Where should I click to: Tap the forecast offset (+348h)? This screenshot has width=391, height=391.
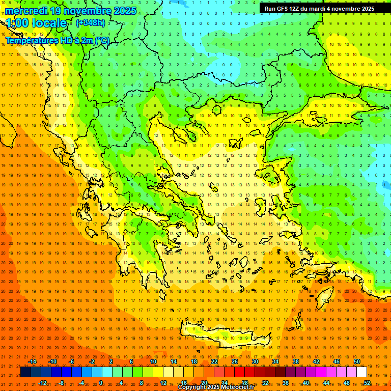(91, 22)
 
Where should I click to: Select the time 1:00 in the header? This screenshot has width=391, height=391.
(17, 23)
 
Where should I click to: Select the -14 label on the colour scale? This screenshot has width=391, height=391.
(32, 361)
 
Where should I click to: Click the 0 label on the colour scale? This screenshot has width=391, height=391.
(101, 383)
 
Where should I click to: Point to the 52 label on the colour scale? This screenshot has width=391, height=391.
(367, 383)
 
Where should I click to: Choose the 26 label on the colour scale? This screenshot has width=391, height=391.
(235, 361)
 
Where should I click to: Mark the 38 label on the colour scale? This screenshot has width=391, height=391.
(296, 361)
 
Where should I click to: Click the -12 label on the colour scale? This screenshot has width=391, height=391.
(42, 383)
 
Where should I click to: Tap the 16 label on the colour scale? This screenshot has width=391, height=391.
(184, 383)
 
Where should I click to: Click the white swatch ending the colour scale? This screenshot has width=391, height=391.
(361, 372)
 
